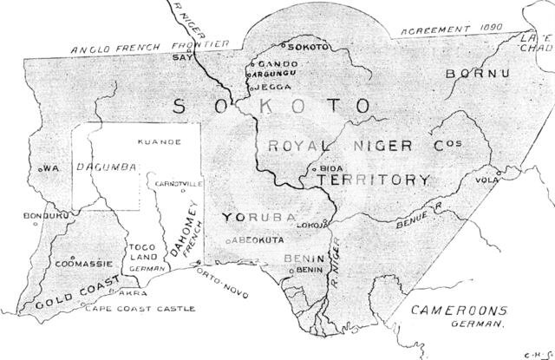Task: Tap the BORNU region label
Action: point(474,74)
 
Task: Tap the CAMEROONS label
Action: point(459,310)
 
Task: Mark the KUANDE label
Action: point(159,141)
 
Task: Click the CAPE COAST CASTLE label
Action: point(143,309)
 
